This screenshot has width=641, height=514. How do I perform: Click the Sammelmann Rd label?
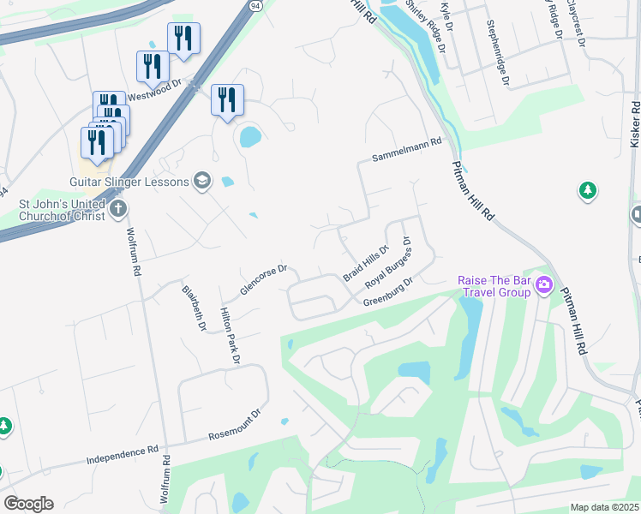pos(406,158)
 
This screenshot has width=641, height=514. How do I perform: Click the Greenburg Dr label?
pos(388,291)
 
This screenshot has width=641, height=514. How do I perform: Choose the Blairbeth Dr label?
pos(193,307)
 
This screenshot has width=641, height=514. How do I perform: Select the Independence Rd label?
pos(123,455)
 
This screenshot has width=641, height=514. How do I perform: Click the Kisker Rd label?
pos(635,125)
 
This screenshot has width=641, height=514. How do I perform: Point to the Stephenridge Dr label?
pos(498,53)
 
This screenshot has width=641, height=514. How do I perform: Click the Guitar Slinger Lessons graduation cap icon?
pos(202,180)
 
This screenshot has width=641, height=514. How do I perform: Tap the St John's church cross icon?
pos(119,207)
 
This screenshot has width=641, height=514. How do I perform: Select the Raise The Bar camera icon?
pos(542,285)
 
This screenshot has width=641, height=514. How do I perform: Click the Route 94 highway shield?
pos(256,5)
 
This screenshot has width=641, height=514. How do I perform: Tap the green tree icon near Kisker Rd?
pos(588,190)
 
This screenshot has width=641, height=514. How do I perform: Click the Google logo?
pos(28,504)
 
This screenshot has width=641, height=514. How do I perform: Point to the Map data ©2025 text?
pos(605,508)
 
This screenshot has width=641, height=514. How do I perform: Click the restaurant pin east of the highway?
pos(227,99)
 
